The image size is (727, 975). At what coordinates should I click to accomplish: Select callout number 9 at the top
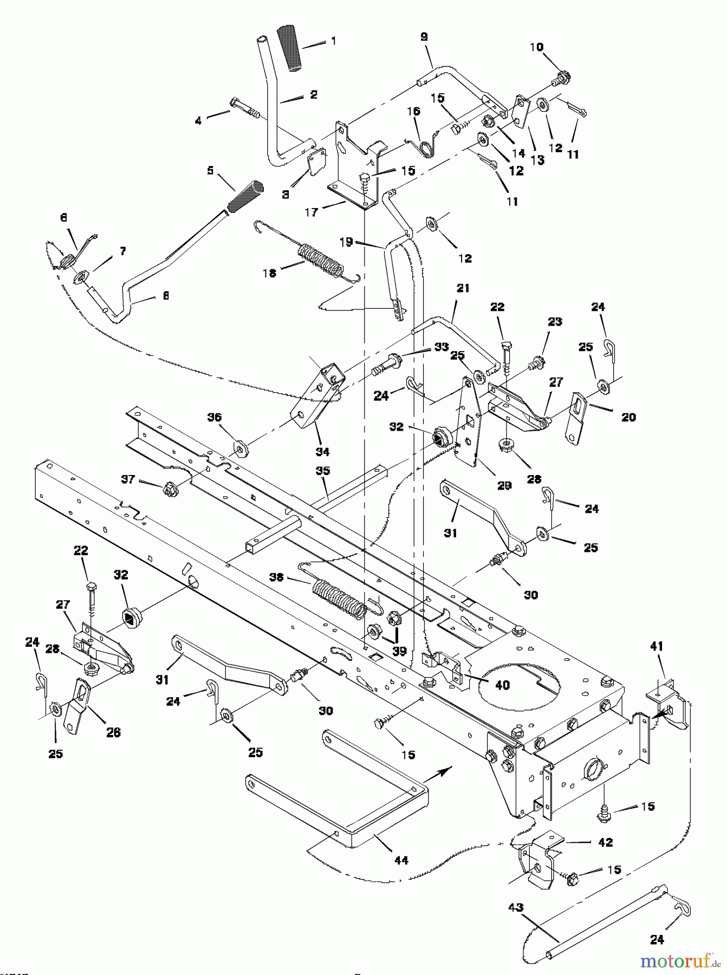pos(424,37)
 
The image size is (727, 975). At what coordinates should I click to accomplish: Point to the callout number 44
pos(401,860)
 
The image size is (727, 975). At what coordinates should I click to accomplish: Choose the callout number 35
pos(322,471)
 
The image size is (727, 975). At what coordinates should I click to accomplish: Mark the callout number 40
pos(502,685)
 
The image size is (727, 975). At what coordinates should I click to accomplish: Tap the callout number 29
pos(504,486)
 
